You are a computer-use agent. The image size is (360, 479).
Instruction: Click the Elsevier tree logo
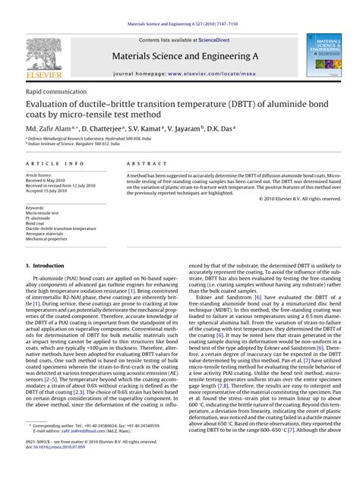click(x=33, y=56)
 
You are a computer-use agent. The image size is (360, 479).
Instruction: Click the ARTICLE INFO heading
click(x=55, y=163)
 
